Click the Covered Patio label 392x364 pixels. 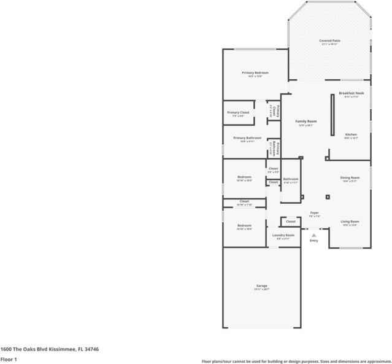[329, 41]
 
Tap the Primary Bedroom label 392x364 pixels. [255, 72]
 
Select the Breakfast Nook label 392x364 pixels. [352, 93]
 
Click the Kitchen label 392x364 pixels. [351, 134]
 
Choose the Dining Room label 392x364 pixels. [350, 177]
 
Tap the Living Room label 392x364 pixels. [350, 221]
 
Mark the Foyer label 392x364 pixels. [314, 212]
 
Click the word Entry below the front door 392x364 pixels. [314, 241]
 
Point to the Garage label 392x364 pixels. [261, 286]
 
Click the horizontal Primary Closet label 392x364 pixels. [238, 112]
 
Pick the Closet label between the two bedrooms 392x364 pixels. [244, 201]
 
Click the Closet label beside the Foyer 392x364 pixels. [290, 221]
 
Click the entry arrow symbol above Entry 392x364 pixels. [314, 233]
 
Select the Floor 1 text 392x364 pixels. [9, 360]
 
